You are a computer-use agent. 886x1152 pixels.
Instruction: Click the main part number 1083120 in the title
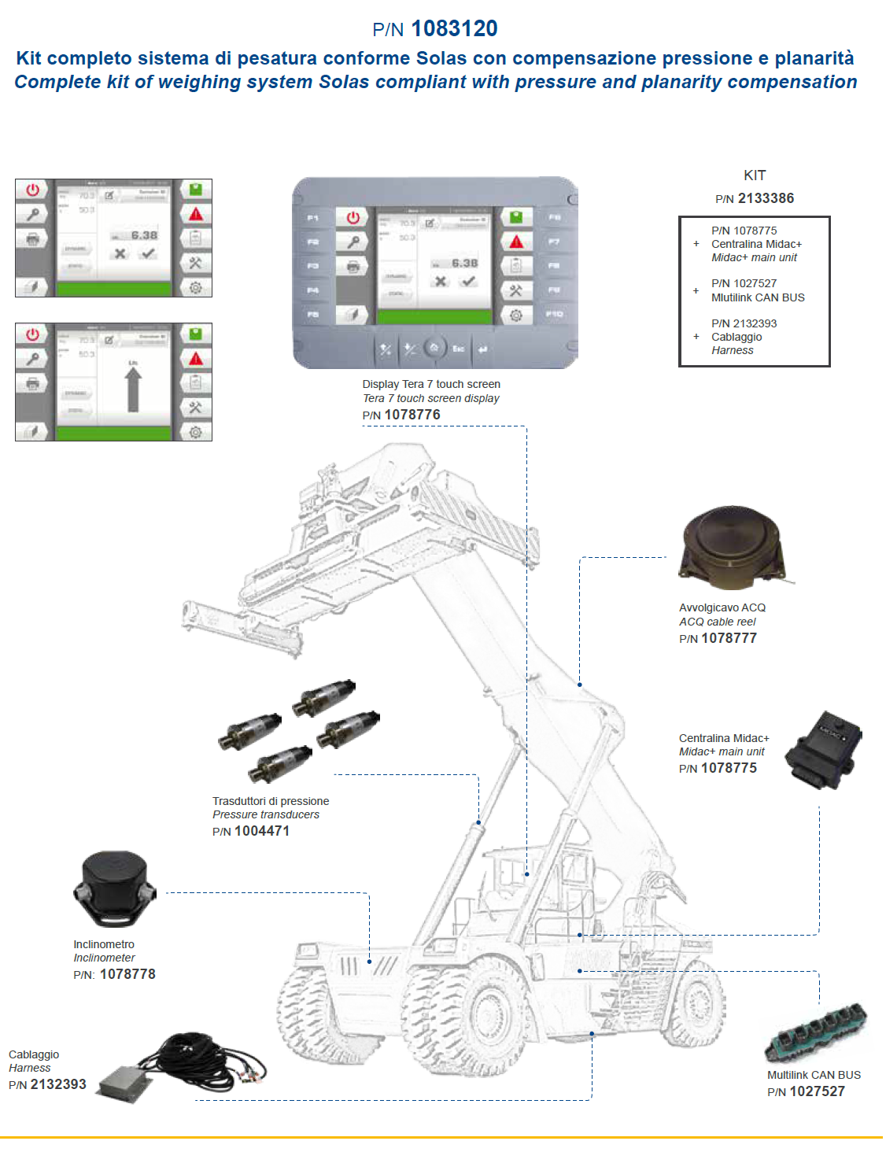tap(454, 29)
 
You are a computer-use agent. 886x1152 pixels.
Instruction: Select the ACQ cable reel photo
tap(733, 548)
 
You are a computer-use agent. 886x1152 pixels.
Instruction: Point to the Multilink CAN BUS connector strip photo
tap(816, 1031)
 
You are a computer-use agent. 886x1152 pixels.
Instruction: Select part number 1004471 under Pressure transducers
tap(262, 831)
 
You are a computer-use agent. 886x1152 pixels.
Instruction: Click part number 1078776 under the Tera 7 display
tap(412, 415)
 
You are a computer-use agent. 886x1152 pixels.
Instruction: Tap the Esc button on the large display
tap(458, 349)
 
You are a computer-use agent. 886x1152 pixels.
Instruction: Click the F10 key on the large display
tap(554, 314)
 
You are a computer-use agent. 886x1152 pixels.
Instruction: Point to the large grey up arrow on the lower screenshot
tap(133, 389)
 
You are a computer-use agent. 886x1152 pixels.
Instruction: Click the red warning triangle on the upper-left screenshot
tap(196, 214)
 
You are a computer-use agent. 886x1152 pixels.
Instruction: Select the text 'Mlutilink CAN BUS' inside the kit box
tap(758, 297)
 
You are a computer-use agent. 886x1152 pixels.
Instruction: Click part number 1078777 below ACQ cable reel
tap(729, 638)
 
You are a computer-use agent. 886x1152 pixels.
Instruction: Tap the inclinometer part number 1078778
tap(127, 974)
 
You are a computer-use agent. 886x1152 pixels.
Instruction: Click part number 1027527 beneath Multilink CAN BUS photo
tap(817, 1091)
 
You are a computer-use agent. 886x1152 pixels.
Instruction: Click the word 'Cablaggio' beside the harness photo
tap(34, 1054)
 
